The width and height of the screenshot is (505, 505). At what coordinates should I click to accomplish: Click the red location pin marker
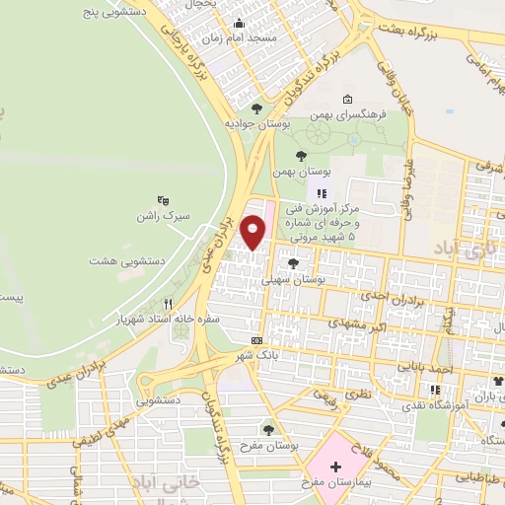point(253,232)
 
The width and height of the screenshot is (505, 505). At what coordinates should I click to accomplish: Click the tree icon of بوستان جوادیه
point(257,108)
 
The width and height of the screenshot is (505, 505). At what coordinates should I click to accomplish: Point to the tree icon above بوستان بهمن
point(301,155)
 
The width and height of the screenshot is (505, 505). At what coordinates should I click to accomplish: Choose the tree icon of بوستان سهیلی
point(293,262)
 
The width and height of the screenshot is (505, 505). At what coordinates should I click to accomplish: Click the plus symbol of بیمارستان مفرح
point(334,467)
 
